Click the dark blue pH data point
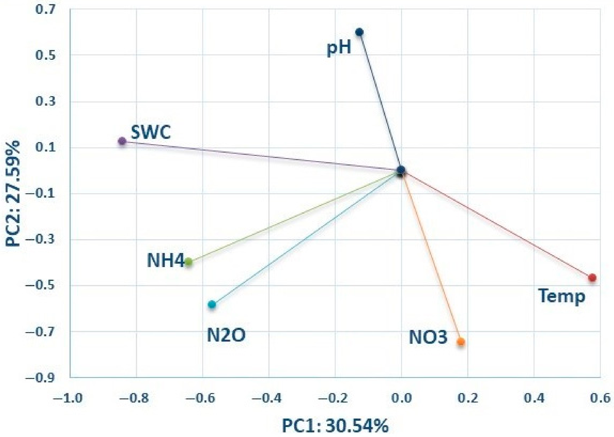[x=359, y=32]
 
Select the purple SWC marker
[x=122, y=141]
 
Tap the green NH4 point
[x=189, y=262]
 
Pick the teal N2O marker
[x=212, y=304]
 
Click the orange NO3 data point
[x=461, y=342]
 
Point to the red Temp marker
[x=592, y=278]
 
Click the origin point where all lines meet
[x=401, y=170]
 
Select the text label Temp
[x=562, y=296]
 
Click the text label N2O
[x=226, y=336]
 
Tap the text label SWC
[x=151, y=132]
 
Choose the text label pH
[x=339, y=48]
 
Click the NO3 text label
[x=428, y=337]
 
